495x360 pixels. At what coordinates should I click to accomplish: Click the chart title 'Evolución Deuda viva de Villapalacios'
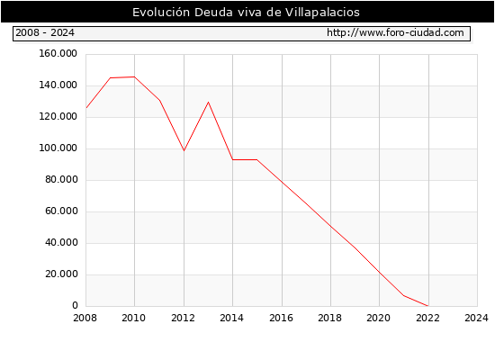(x=246, y=13)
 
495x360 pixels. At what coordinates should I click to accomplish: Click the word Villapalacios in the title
(x=322, y=13)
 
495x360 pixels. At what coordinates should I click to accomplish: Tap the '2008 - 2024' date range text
(x=45, y=32)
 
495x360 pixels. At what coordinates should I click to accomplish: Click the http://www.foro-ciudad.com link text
(x=395, y=32)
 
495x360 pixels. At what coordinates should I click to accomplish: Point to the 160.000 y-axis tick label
(x=58, y=54)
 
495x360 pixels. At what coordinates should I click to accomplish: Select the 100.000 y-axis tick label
(x=58, y=148)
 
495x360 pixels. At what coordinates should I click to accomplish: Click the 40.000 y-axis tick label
(x=61, y=242)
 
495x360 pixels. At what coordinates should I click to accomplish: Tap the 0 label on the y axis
(x=75, y=305)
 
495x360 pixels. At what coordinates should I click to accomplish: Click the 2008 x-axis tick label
(x=85, y=318)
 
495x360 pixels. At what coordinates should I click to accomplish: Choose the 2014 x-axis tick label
(x=231, y=318)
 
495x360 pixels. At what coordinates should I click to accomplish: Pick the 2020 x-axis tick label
(x=378, y=318)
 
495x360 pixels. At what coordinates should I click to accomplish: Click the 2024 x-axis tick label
(x=476, y=318)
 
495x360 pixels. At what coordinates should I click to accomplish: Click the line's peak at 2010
(x=135, y=76)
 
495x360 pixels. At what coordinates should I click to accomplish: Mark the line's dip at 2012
(x=184, y=150)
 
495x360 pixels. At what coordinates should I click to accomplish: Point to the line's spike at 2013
(x=209, y=102)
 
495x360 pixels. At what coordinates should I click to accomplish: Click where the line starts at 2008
(x=86, y=108)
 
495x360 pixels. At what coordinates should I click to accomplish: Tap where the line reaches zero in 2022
(x=428, y=306)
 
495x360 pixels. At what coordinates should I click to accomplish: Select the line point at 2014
(x=233, y=160)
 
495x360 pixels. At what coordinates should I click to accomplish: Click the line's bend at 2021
(x=404, y=295)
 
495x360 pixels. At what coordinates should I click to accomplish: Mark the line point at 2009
(x=110, y=77)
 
